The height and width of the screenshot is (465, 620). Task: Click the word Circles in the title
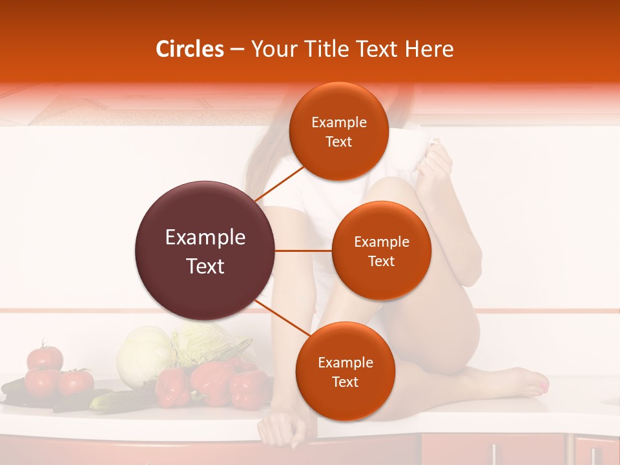click(x=189, y=49)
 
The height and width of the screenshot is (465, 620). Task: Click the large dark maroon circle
click(x=205, y=251)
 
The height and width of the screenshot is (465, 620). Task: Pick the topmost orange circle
click(x=338, y=131)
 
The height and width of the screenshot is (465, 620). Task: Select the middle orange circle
click(x=381, y=251)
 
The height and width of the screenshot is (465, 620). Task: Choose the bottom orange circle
click(x=345, y=371)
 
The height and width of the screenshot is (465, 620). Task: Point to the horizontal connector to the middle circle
click(x=304, y=251)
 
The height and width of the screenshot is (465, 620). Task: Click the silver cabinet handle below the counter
click(x=493, y=452)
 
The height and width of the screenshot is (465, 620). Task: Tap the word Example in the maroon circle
click(x=205, y=238)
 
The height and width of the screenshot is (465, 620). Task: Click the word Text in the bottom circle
click(x=345, y=382)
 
